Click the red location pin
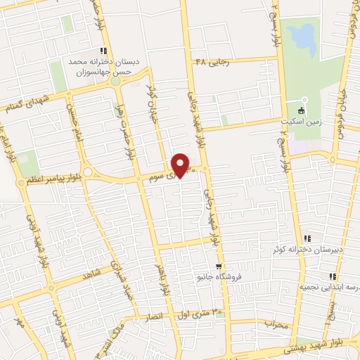(x=181, y=165)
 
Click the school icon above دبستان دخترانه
(x=104, y=51)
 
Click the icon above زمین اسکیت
(x=301, y=110)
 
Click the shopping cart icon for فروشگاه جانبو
(x=219, y=266)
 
